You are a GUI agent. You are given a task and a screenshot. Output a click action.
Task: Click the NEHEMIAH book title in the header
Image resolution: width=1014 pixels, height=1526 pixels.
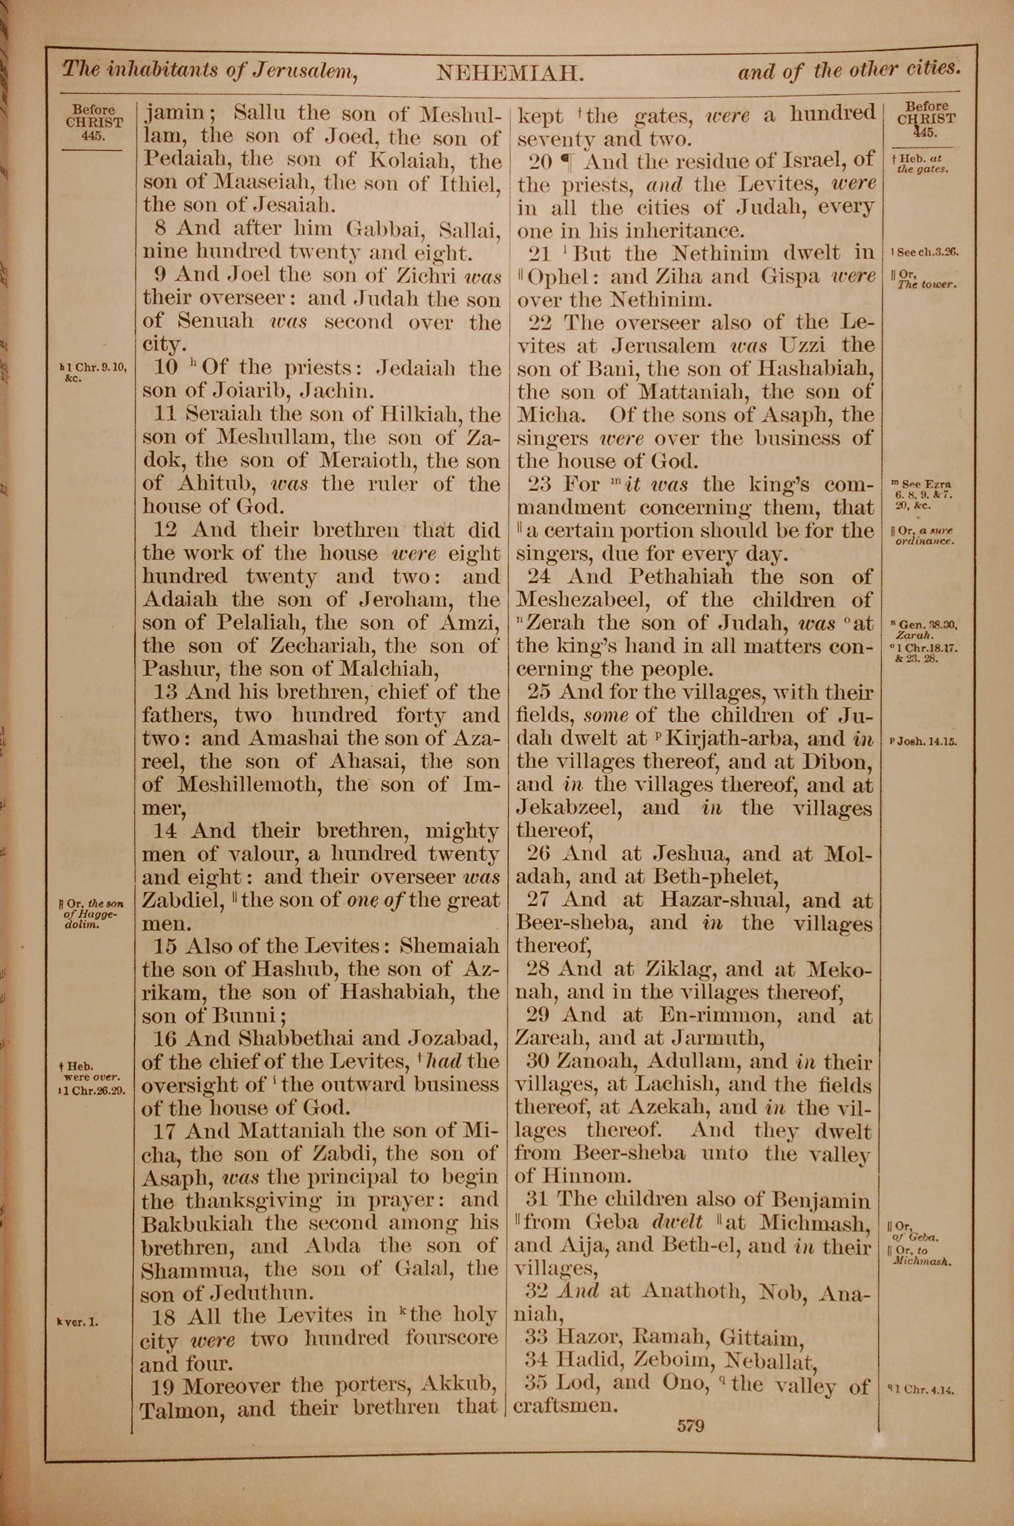click(x=510, y=73)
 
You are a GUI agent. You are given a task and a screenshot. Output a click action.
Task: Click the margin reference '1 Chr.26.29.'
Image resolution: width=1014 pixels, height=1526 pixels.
click(x=92, y=1089)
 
